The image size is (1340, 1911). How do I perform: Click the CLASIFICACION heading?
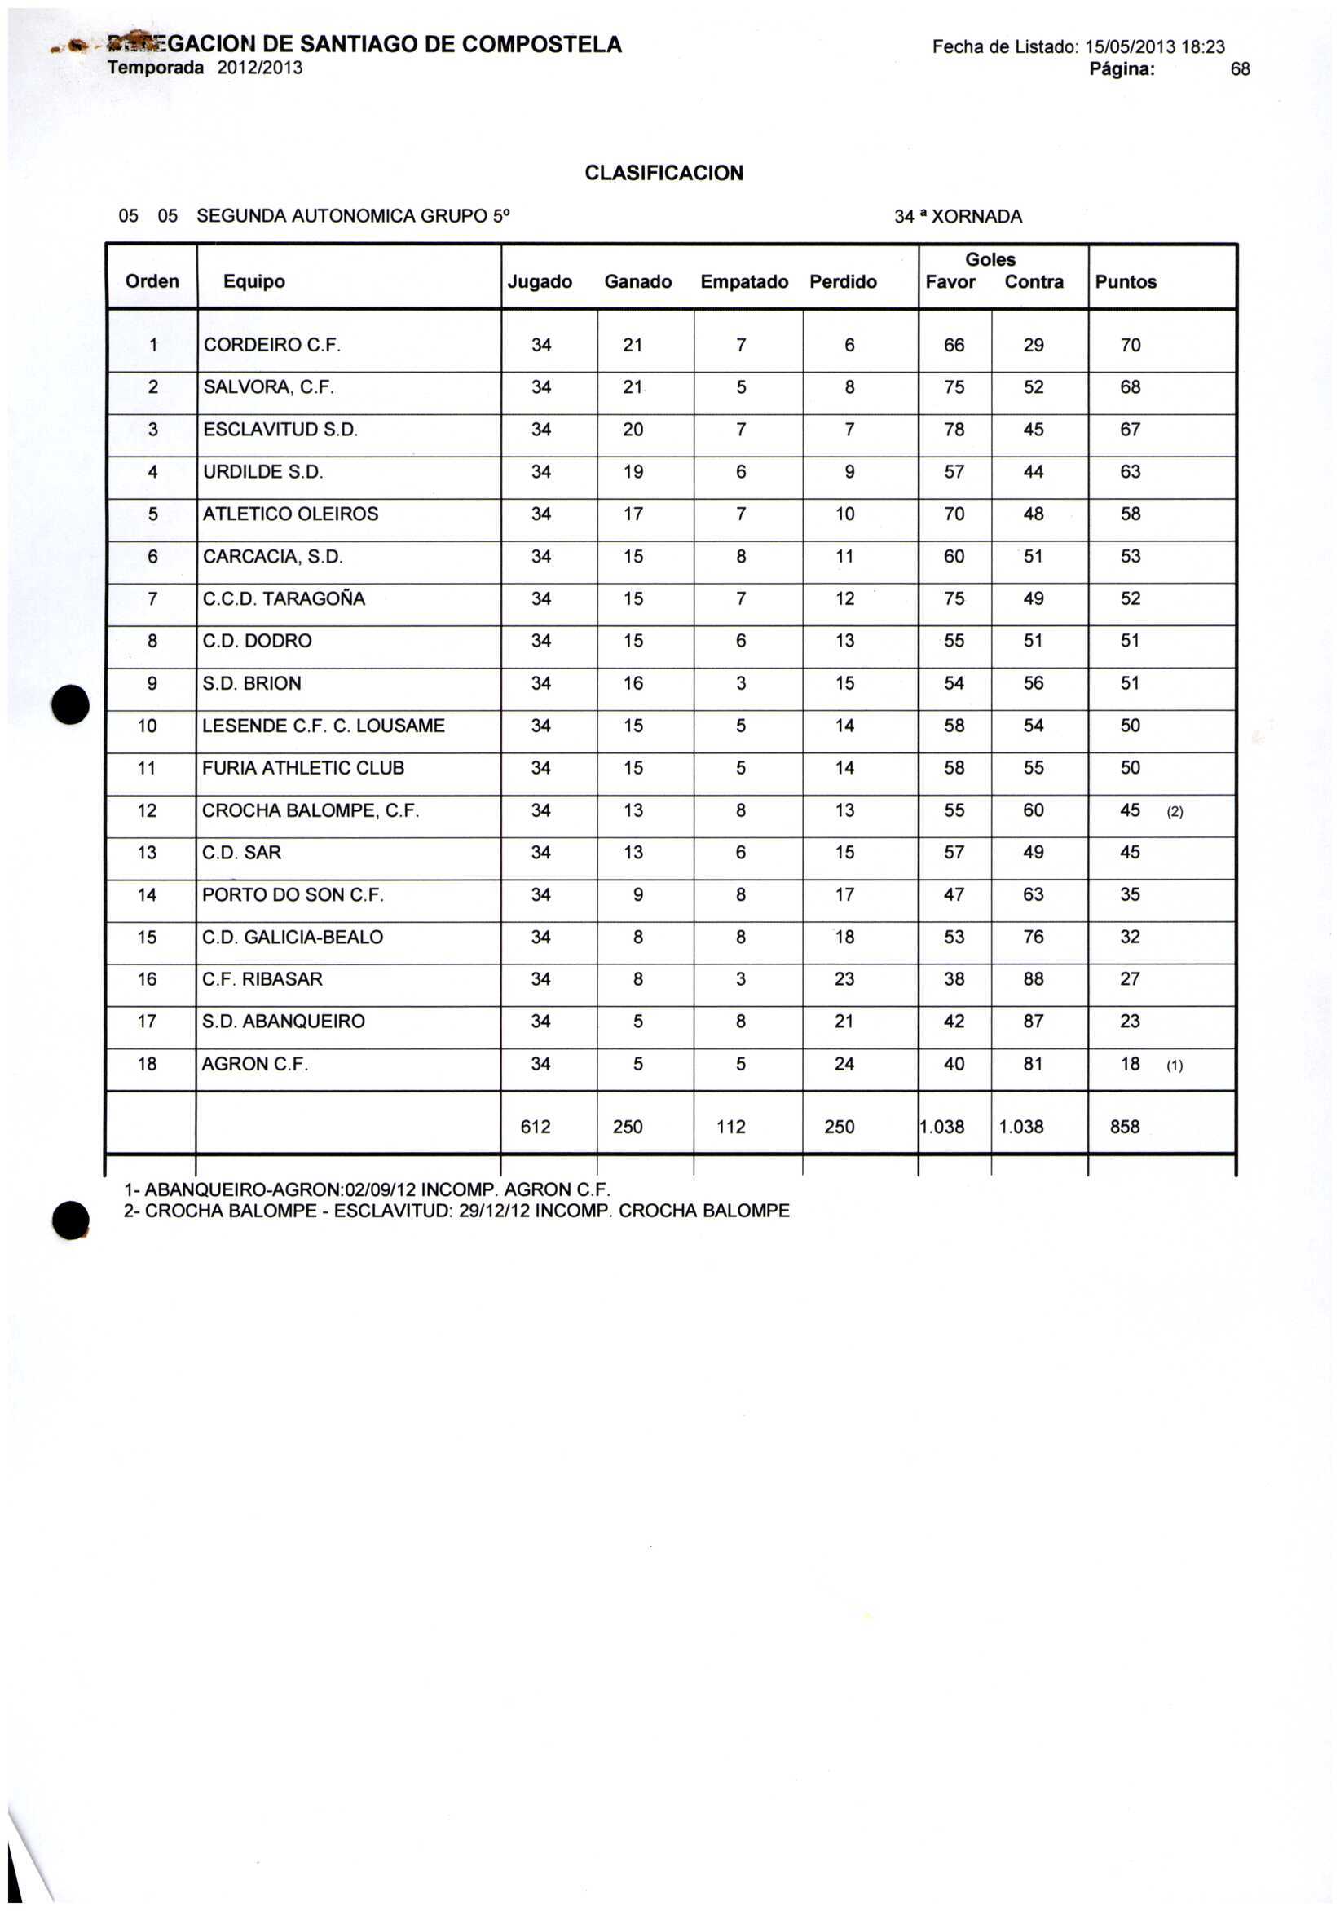pos(663,173)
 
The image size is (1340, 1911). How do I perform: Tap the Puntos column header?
pos(1126,282)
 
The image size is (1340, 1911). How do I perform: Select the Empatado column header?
pos(743,282)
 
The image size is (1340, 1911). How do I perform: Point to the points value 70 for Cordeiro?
pos(1130,346)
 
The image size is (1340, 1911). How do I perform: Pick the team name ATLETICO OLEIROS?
pos(289,514)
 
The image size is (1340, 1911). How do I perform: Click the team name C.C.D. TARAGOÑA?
pos(283,599)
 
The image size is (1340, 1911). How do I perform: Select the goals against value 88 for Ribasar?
pos(1033,980)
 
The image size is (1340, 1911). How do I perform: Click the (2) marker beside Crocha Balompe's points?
pos(1175,812)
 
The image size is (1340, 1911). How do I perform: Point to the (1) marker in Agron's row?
pos(1175,1066)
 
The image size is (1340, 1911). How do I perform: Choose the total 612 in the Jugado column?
pos(536,1127)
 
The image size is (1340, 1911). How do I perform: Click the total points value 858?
pos(1125,1127)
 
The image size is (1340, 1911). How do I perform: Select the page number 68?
pos(1239,70)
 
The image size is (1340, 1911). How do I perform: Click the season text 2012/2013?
pos(260,68)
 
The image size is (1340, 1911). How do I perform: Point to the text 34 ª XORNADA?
pos(958,217)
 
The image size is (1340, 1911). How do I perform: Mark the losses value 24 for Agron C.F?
pos(844,1065)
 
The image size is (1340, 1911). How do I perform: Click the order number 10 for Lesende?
pos(148,726)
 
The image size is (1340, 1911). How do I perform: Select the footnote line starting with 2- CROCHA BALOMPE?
pos(456,1211)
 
